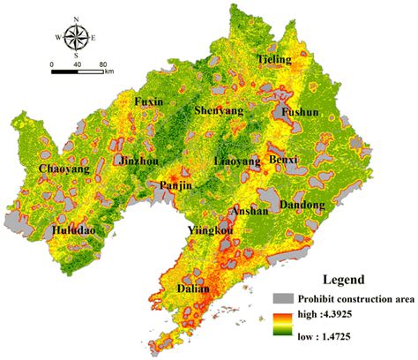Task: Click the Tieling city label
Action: point(274,59)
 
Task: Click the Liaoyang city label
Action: point(238,162)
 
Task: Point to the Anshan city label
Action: point(246,212)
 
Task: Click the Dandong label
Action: point(302,205)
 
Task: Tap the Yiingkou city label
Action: point(211,231)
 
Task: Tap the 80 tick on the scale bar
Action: point(103,64)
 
